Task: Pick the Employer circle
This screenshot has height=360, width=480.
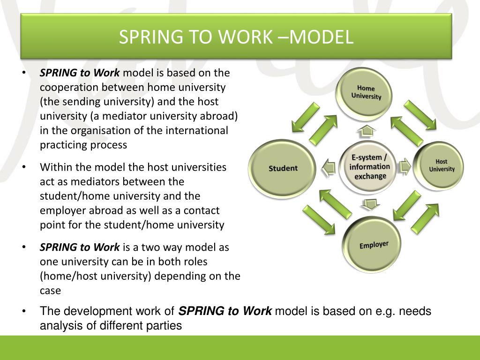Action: coord(373,244)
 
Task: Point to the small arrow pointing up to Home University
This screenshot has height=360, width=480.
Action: coord(368,130)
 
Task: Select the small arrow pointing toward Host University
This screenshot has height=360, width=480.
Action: coord(405,166)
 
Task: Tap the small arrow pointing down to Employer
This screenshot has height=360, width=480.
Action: coord(371,204)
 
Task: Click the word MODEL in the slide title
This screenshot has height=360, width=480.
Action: coord(321,37)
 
